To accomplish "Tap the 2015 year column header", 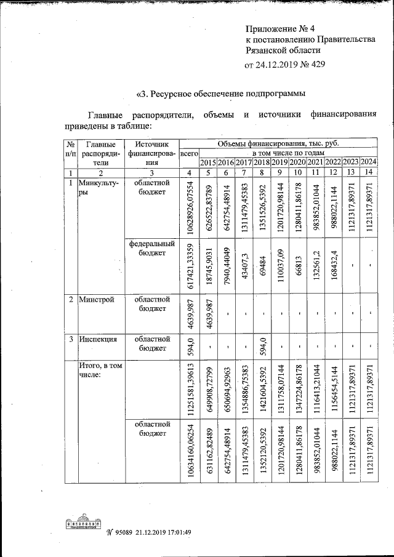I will pyautogui.click(x=209, y=162).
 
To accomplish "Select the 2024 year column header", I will pyautogui.click(x=368, y=162).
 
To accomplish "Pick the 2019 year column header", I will pyautogui.click(x=279, y=162).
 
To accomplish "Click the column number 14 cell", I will pyautogui.click(x=368, y=172).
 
